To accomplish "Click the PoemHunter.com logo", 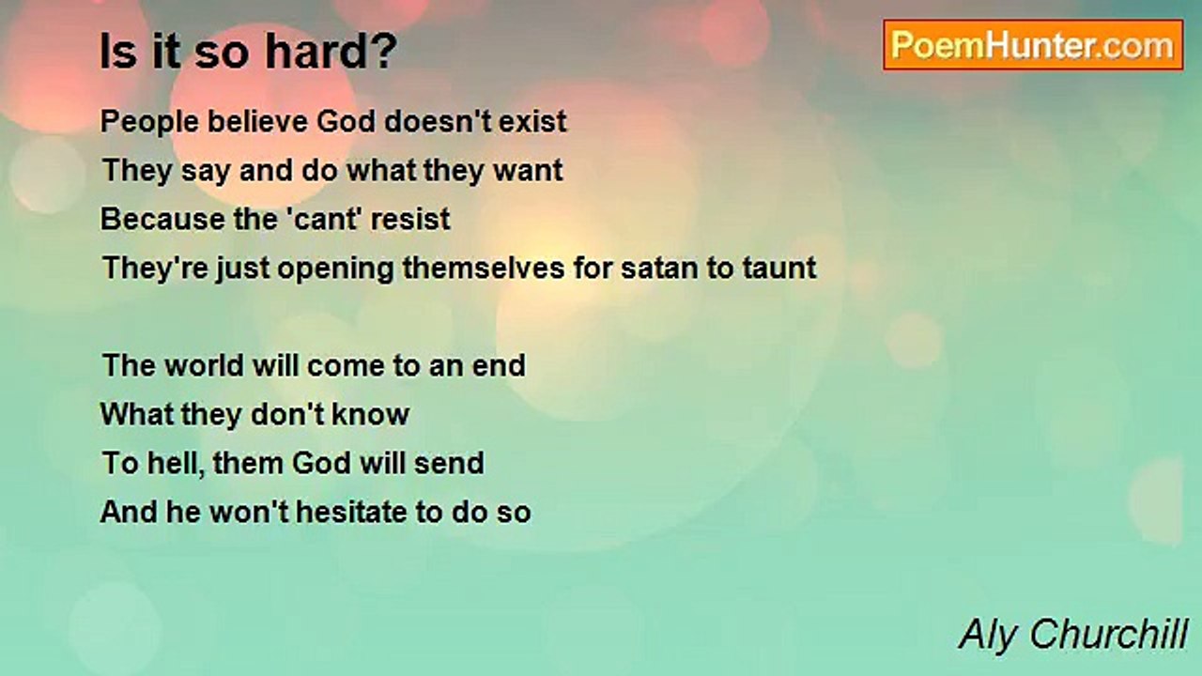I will click(1033, 45).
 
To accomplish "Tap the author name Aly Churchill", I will click(1073, 635).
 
